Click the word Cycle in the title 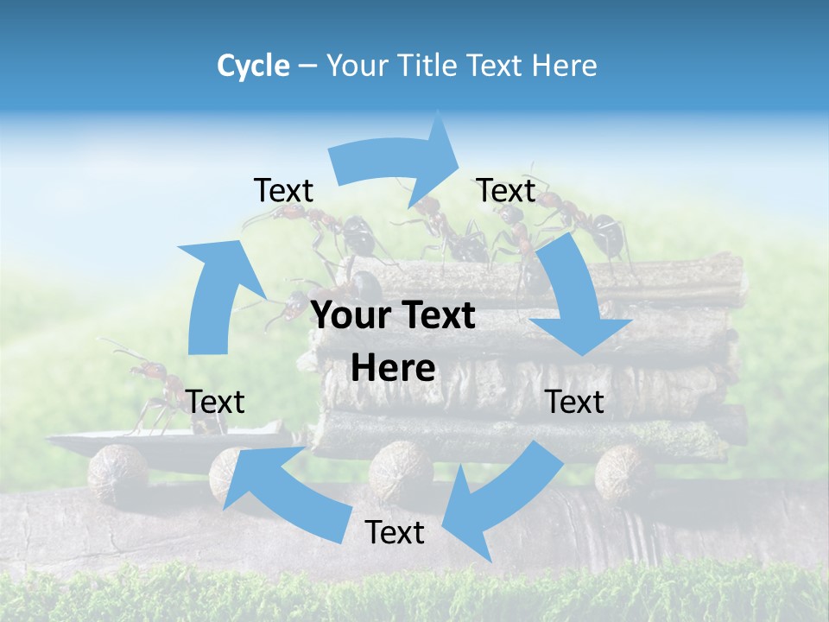click(x=253, y=65)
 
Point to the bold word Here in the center click(x=393, y=368)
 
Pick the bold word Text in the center click(x=437, y=315)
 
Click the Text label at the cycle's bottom click(x=395, y=532)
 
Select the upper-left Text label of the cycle click(x=283, y=190)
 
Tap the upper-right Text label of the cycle click(x=506, y=190)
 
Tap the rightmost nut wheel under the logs click(x=623, y=471)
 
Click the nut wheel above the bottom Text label click(x=400, y=471)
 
